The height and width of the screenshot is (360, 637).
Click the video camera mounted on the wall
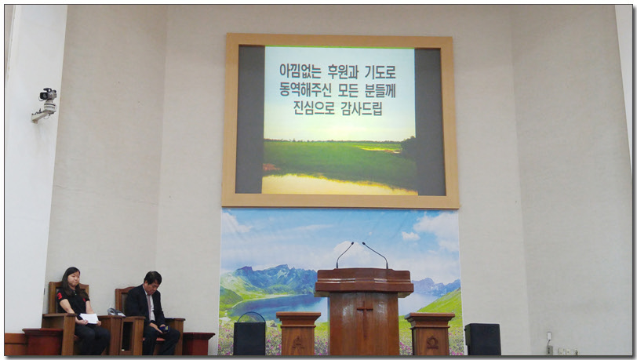(45, 104)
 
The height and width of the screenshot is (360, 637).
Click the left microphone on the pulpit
(344, 255)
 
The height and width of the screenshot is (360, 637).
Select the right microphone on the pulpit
(375, 255)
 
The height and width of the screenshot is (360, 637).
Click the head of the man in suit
(152, 279)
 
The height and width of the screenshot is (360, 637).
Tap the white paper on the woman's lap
(89, 318)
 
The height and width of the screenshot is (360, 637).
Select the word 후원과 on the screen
(344, 72)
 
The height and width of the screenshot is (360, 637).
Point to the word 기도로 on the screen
(380, 72)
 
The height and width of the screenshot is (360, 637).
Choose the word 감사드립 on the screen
(362, 108)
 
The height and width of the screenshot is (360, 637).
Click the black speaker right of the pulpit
(482, 340)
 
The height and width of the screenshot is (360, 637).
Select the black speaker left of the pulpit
(249, 338)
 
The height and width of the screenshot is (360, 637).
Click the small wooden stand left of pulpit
(298, 333)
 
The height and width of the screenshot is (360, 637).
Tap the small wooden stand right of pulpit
(430, 333)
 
